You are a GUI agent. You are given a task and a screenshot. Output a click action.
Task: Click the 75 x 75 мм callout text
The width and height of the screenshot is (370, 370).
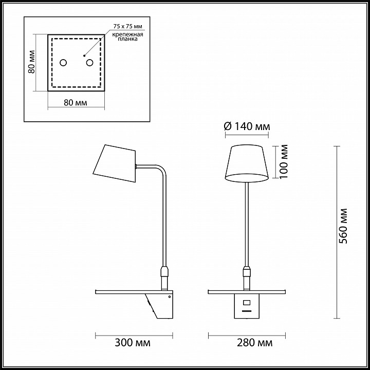click(127, 26)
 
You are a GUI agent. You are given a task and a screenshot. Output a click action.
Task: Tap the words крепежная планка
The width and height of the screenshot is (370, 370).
click(127, 36)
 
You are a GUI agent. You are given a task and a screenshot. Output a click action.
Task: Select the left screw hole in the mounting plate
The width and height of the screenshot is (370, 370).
click(63, 63)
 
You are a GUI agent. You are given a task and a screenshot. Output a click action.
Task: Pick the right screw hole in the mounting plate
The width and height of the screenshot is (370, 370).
click(89, 63)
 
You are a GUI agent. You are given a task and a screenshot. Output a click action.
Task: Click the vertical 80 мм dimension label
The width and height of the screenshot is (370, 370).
click(32, 62)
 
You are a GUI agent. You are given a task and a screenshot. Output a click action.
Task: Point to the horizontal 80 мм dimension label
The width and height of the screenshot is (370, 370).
click(76, 103)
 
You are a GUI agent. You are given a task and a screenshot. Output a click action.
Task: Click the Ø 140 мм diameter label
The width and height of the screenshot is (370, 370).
click(247, 127)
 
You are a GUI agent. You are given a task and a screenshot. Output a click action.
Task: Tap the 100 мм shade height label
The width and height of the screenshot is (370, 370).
click(284, 162)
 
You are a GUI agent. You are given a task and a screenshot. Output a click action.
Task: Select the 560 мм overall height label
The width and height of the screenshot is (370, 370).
click(343, 226)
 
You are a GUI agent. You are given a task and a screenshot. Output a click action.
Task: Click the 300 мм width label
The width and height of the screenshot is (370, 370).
click(133, 343)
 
